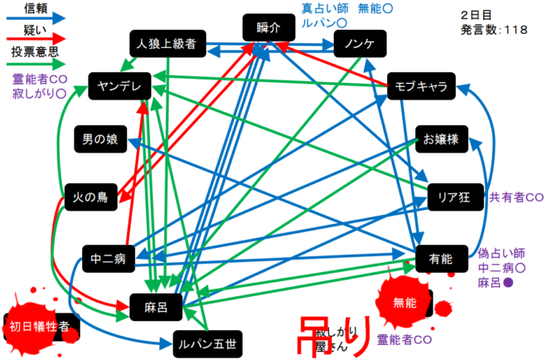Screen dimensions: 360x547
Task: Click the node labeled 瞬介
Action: (x=269, y=27)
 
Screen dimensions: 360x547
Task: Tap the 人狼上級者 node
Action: (x=167, y=44)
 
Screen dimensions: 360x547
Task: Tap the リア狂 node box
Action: (x=454, y=197)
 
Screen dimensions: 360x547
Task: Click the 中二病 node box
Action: (x=109, y=258)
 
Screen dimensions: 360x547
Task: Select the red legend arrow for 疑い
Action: (x=34, y=38)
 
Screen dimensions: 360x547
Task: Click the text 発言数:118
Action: (x=492, y=31)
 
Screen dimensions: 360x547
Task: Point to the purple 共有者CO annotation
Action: (x=516, y=197)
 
